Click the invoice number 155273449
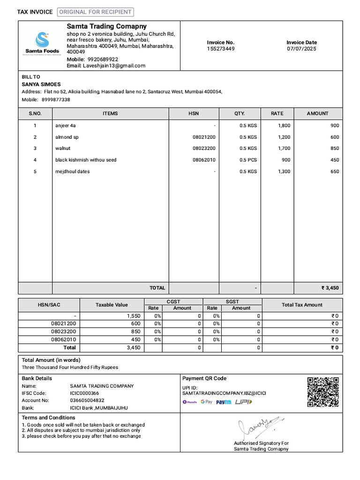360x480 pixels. point(221,49)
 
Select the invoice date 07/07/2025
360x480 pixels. point(301,49)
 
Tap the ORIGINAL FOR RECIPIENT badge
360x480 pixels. point(95,12)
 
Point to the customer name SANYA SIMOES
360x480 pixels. point(41,84)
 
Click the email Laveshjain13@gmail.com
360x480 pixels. point(114,66)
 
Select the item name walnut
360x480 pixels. point(63,148)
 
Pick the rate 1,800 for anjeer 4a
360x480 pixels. point(284,126)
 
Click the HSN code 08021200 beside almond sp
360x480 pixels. point(204,137)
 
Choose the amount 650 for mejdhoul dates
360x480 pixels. point(334,172)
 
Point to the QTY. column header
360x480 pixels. point(240,113)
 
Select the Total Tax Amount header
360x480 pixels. point(302,305)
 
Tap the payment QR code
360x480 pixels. point(322,392)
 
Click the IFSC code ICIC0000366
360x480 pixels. point(84,393)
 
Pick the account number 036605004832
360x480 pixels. point(87,400)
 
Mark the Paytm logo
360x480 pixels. point(224,402)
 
